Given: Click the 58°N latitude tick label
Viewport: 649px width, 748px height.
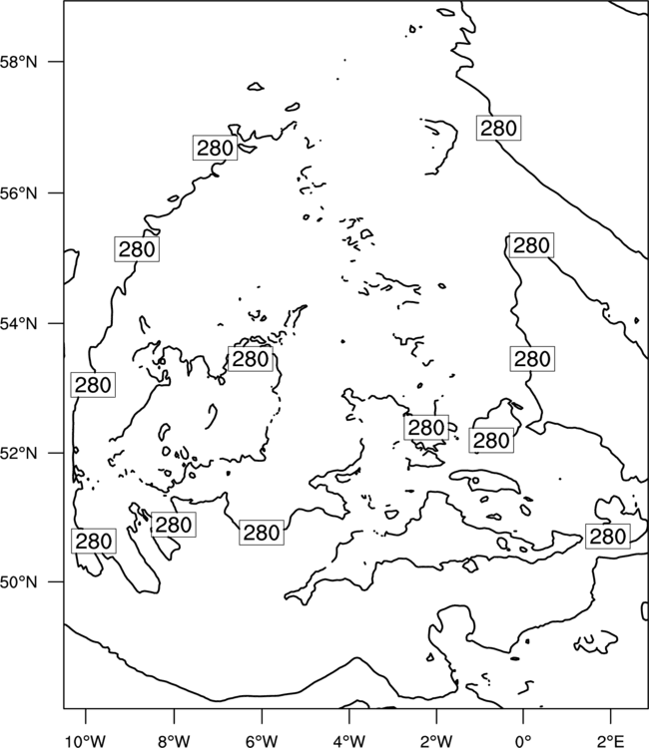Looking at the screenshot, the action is [18, 62].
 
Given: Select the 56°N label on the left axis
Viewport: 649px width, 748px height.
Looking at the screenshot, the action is [18, 193].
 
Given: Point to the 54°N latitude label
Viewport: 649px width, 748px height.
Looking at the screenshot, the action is [18, 324].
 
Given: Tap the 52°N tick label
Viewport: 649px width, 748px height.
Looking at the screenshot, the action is [18, 453].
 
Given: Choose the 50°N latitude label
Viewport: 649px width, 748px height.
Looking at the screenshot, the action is [18, 582].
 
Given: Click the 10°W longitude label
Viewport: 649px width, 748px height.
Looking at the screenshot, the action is [85, 741].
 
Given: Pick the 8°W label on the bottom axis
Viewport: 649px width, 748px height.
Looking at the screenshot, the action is [174, 741].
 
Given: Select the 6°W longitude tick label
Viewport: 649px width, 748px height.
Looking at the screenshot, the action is [262, 741].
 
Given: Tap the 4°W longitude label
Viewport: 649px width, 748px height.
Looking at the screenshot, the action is [349, 741].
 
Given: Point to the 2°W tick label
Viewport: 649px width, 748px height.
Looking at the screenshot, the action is [436, 741].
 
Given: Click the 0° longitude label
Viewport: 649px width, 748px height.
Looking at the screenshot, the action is [523, 741].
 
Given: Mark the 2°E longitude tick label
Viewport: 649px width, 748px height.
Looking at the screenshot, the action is [611, 741].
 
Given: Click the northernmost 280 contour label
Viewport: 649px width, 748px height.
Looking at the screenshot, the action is [498, 128].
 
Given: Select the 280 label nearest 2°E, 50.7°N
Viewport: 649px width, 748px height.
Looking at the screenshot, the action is [608, 537].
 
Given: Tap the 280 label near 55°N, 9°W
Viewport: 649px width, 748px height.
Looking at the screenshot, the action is [137, 249].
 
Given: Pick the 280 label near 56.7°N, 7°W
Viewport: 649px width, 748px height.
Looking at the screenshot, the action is [215, 148].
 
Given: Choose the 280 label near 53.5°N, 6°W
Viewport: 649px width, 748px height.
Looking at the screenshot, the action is [251, 359].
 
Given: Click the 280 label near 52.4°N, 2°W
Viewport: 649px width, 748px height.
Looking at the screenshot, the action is [426, 428].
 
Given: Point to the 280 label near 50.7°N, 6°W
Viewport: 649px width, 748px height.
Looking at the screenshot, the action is [262, 533].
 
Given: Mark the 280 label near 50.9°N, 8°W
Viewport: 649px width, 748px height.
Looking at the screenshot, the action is [174, 525].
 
